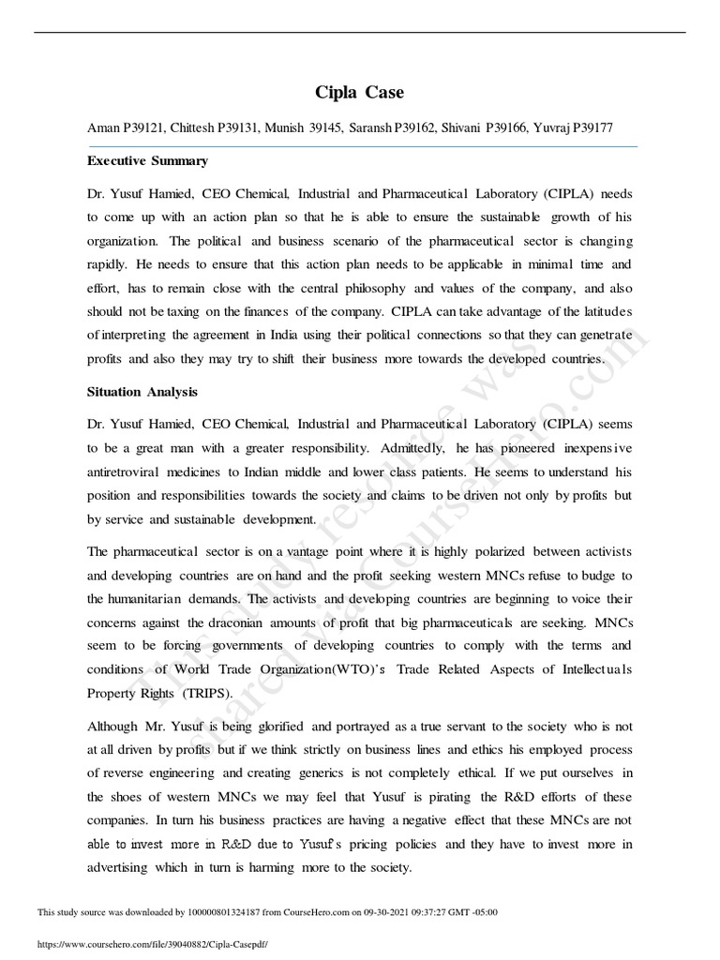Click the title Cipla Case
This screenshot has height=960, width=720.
click(360, 92)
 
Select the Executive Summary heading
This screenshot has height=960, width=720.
click(148, 161)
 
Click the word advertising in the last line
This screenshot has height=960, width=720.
click(118, 867)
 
